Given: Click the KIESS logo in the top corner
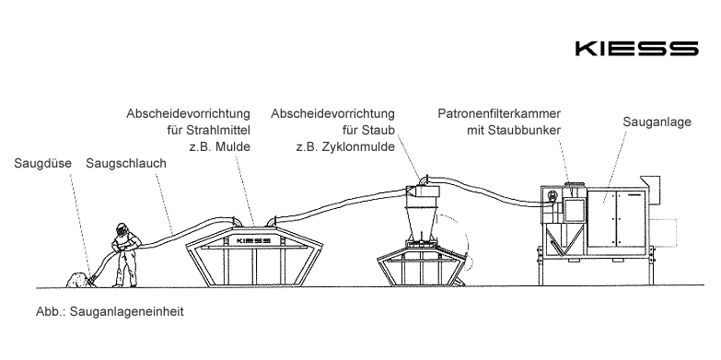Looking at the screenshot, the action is click(x=637, y=48).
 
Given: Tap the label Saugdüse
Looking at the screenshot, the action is click(x=42, y=163).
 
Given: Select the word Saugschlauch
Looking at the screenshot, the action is click(x=126, y=164).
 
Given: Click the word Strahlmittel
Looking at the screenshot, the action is click(x=218, y=130).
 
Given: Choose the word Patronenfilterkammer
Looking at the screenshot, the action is click(x=499, y=113).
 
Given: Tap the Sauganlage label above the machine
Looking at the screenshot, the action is click(x=657, y=122).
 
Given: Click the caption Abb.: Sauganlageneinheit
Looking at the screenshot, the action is click(x=110, y=312).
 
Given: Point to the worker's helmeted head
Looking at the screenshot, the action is click(x=122, y=229).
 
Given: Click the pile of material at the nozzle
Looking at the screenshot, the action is click(x=79, y=280).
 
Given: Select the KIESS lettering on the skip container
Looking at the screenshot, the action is click(x=254, y=240).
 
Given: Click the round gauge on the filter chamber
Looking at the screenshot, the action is click(x=552, y=195).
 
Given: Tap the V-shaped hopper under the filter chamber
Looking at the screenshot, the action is click(x=564, y=238).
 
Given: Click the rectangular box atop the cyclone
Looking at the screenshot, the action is click(x=423, y=191).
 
